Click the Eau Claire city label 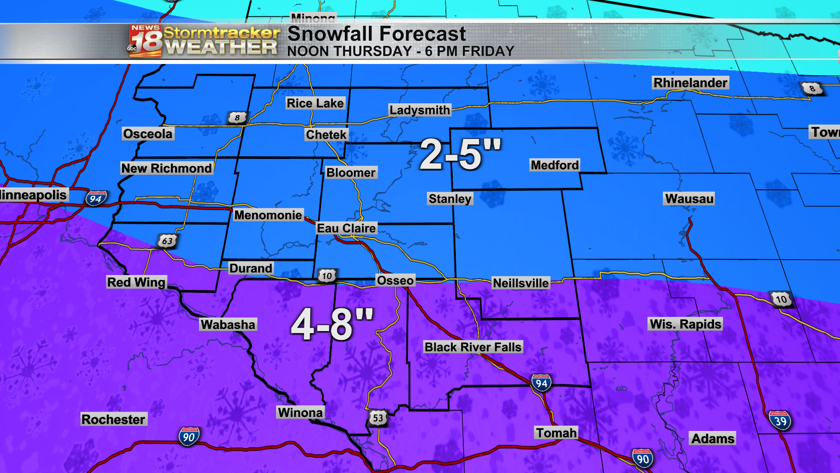coord(346,228)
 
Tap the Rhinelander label coord(690,83)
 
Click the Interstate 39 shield coord(780,421)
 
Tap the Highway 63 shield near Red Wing coord(167,241)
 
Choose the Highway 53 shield coord(378,418)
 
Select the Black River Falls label coord(473,347)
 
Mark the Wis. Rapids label coord(685,324)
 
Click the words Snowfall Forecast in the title coord(376,34)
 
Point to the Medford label coord(555,165)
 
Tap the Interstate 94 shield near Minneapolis coord(96,199)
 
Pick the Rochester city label coord(113,419)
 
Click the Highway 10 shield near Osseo coord(327,276)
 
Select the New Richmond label coord(166,168)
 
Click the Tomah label coord(556,433)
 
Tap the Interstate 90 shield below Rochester coord(189,437)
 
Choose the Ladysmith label coord(420,110)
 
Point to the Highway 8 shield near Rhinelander coord(812,88)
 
